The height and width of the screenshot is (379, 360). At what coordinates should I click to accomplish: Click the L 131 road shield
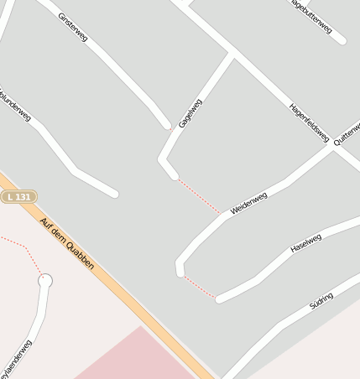[x=18, y=196]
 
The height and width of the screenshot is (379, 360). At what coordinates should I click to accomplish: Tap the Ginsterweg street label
[x=73, y=27]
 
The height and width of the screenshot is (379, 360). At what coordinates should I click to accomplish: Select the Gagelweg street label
[x=190, y=115]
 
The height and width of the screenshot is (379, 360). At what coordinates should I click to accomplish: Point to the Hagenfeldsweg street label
[x=309, y=122]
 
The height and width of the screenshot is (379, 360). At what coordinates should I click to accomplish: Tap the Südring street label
[x=321, y=301]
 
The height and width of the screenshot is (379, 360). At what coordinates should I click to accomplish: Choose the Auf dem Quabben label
[x=67, y=244]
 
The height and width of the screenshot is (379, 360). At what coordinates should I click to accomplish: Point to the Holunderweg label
[x=15, y=104]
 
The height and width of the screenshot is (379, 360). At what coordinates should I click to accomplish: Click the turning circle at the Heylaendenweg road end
[x=45, y=280]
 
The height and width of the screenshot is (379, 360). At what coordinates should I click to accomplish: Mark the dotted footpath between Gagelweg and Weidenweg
[x=200, y=195]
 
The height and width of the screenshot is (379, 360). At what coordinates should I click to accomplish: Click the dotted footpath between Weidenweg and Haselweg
[x=200, y=286]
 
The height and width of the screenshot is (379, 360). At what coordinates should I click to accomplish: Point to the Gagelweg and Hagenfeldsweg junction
[x=232, y=55]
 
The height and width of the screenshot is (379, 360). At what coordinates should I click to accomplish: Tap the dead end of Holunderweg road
[x=113, y=195]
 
